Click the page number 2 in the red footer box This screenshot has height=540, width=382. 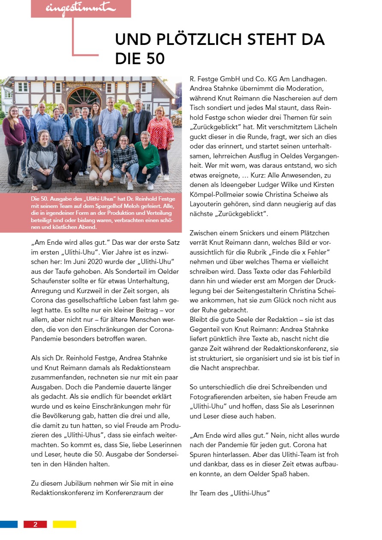coord(35,524)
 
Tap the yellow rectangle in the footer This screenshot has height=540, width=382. coord(64,524)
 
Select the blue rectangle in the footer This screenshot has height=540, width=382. coord(9,524)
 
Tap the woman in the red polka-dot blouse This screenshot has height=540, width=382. coord(161,133)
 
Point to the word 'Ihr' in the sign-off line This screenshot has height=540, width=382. coord(195,493)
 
